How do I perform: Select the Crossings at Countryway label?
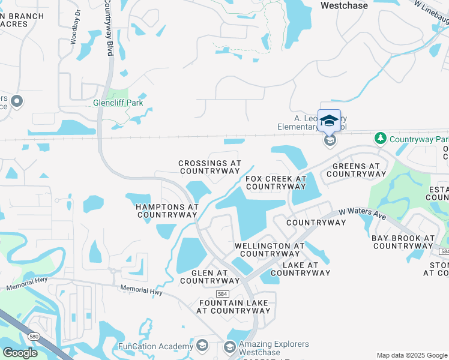point(209,167)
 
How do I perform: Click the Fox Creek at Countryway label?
point(276,182)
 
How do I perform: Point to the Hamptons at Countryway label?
point(167,211)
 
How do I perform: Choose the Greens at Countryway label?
point(356,170)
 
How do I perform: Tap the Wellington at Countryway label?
point(269,250)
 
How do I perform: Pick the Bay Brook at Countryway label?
point(403,242)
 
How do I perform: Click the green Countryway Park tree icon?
point(380,139)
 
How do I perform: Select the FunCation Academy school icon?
point(202,346)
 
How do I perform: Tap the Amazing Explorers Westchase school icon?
point(229,347)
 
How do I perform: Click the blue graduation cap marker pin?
point(329,121)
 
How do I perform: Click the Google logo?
point(20,353)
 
